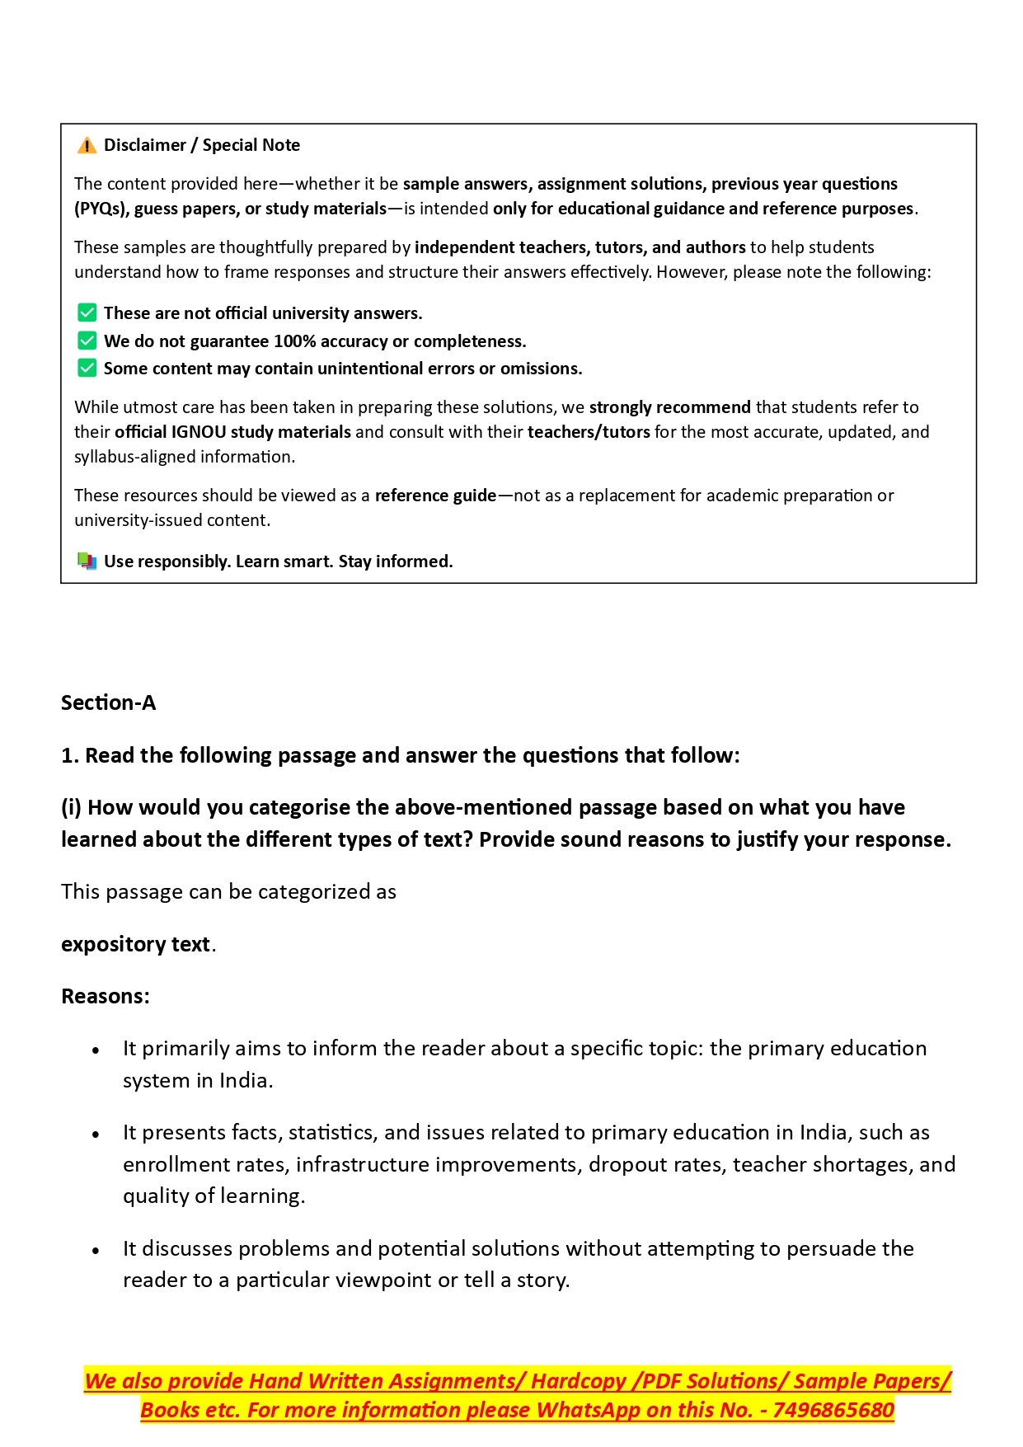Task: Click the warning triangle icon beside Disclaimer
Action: point(87,146)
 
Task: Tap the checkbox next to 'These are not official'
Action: point(87,313)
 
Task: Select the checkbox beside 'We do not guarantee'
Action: point(87,341)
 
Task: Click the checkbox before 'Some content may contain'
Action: point(87,368)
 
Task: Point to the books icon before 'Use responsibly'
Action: point(87,561)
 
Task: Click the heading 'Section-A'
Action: point(108,702)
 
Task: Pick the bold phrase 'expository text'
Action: point(135,944)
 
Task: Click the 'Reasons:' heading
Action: point(106,996)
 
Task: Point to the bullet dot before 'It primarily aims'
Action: point(96,1050)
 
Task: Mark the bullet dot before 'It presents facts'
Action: point(96,1135)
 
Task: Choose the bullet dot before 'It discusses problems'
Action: point(96,1251)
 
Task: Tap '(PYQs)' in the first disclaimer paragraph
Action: point(101,209)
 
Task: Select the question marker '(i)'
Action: point(71,807)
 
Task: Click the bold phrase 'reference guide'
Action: point(435,496)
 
